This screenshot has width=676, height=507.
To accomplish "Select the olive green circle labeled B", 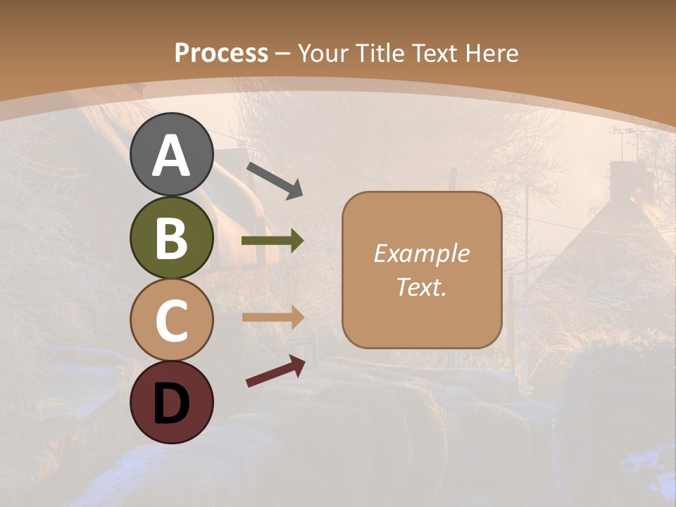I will tap(171, 237).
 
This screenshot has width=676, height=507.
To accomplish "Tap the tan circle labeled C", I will tap(171, 320).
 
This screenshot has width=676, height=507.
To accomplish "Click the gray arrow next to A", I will tap(275, 180).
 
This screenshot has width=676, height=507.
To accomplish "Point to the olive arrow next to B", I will tap(273, 241).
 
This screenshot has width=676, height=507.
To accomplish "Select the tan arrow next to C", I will tap(273, 317).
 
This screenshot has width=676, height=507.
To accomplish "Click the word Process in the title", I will tap(221, 53).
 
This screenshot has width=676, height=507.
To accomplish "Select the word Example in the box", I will tap(421, 254).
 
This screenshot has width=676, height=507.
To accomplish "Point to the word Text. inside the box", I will tap(421, 287).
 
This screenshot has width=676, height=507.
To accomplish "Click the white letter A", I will tap(171, 156).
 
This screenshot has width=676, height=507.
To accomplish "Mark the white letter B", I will tap(171, 239).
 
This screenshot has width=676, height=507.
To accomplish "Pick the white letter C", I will tap(171, 321).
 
